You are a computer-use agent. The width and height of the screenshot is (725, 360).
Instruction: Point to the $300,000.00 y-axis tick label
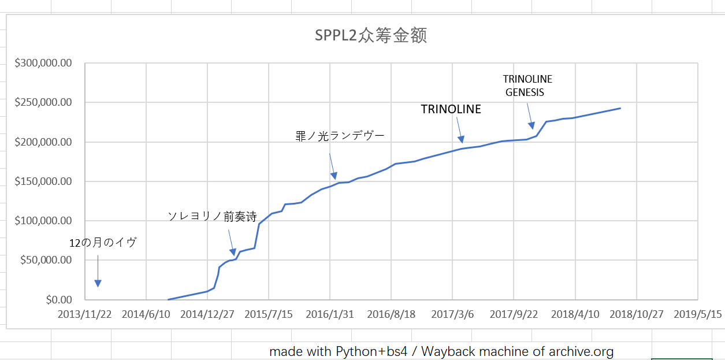44,63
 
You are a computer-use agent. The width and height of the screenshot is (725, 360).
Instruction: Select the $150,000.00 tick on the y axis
44,181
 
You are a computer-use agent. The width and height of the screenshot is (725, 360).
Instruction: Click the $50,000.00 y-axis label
46,260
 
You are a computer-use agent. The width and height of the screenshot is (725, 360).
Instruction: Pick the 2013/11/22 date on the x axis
84,314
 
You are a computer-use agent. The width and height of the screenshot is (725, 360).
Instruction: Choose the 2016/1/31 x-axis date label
330,314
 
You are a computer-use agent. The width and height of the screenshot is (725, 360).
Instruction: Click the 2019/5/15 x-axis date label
697,314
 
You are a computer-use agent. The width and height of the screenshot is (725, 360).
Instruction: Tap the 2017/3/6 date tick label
452,314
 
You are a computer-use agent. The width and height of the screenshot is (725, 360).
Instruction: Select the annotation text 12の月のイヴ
103,243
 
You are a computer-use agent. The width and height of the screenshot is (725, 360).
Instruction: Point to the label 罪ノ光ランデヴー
340,136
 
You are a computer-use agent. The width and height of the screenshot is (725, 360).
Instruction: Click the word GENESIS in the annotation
525,92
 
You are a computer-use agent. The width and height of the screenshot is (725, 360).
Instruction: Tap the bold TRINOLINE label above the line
451,109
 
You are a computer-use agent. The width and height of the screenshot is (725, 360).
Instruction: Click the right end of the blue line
620,108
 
